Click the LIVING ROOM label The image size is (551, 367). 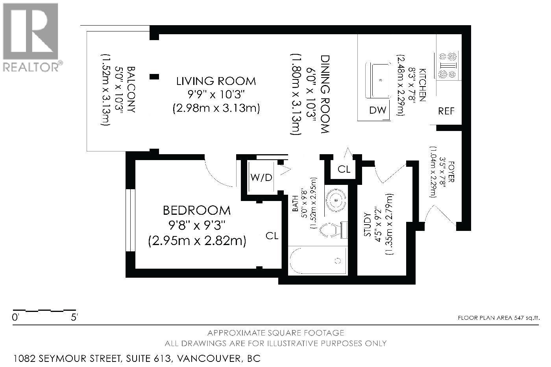pyautogui.click(x=216, y=81)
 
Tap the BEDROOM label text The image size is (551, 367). pyautogui.click(x=197, y=210)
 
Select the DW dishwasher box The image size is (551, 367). pyautogui.click(x=378, y=110)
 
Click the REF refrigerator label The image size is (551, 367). pyautogui.click(x=446, y=111)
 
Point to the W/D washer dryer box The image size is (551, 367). pyautogui.click(x=261, y=177)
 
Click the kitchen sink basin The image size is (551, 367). pyautogui.click(x=380, y=80)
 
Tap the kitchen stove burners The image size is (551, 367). pyautogui.click(x=447, y=65)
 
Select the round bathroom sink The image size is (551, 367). pyautogui.click(x=336, y=200)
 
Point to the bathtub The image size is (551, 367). pyautogui.click(x=318, y=261)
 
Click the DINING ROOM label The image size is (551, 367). pyautogui.click(x=325, y=94)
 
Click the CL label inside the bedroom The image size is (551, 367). pyautogui.click(x=272, y=236)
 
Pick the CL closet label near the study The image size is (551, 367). pyautogui.click(x=344, y=170)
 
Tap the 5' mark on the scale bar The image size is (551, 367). pyautogui.click(x=74, y=317)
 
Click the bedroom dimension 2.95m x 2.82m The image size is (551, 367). pyautogui.click(x=197, y=240)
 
